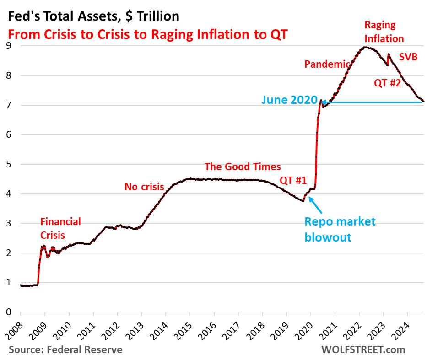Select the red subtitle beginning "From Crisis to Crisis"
pyautogui.click(x=147, y=34)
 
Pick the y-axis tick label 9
pyautogui.click(x=9, y=46)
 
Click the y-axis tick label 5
pyautogui.click(x=9, y=164)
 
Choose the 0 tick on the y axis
pyautogui.click(x=9, y=312)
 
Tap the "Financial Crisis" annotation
pyautogui.click(x=60, y=228)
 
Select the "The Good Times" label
pyautogui.click(x=243, y=167)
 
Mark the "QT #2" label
pyautogui.click(x=388, y=83)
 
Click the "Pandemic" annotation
pyautogui.click(x=327, y=64)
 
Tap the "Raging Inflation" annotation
pyautogui.click(x=384, y=32)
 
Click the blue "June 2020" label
pyautogui.click(x=289, y=100)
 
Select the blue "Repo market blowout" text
pyautogui.click(x=340, y=229)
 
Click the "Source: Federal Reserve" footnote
pyautogui.click(x=65, y=350)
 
